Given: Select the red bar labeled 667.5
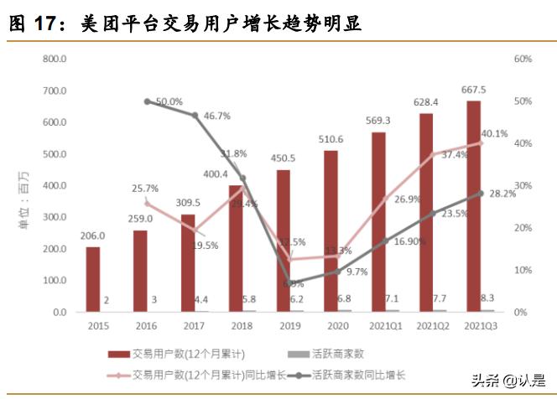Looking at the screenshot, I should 474,206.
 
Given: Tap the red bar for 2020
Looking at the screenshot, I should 331,231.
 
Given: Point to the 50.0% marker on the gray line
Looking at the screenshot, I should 148,101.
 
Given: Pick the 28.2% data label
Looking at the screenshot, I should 502,193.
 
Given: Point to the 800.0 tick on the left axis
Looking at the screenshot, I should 55,60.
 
